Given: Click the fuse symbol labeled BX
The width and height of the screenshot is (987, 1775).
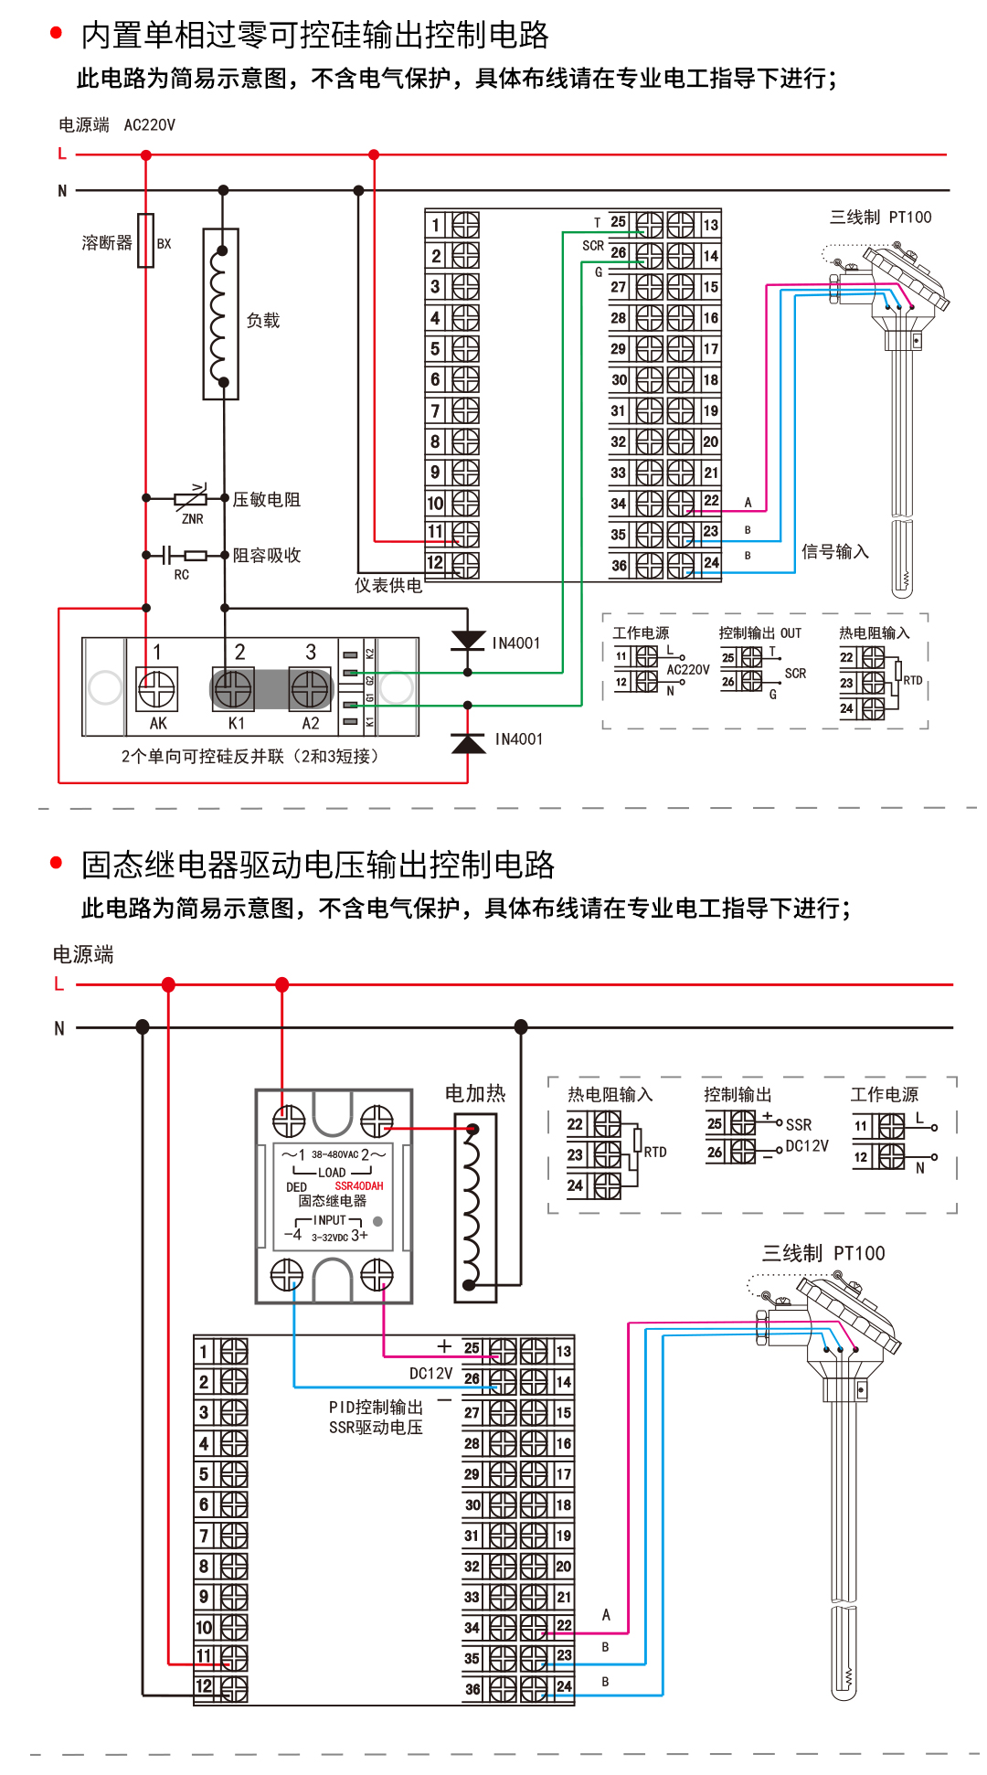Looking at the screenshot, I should point(145,240).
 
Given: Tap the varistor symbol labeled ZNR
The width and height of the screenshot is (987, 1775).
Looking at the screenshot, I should point(191,499).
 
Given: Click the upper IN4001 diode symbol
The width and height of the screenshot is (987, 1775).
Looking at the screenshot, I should point(468,641).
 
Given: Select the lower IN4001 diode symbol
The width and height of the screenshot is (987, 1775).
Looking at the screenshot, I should point(468,742).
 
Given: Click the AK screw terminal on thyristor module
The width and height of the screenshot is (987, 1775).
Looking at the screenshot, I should point(156,689).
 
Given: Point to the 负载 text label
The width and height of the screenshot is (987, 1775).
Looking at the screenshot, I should point(263,321).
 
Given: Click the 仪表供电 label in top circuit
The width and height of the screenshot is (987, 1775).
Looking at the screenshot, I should point(388,585).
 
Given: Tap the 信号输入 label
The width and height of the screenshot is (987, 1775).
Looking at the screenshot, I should point(834,551).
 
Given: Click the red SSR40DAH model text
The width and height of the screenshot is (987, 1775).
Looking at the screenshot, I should point(359,1185).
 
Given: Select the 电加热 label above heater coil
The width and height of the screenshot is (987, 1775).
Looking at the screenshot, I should point(474,1093).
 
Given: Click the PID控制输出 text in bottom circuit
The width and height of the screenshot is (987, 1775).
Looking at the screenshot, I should point(376,1407).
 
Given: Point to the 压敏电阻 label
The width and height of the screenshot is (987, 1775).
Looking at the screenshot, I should point(266,499).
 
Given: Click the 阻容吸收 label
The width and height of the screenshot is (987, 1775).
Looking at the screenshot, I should point(266,555).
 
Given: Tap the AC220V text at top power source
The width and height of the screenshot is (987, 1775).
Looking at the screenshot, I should point(149,125).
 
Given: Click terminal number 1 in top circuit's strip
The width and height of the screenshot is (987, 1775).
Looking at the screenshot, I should point(436,225).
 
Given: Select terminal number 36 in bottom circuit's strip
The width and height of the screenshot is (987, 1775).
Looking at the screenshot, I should point(472,1689).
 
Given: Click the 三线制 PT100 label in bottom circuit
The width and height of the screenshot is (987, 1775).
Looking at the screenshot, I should point(823,1253).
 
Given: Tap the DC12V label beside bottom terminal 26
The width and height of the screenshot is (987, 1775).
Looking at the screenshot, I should point(430,1373).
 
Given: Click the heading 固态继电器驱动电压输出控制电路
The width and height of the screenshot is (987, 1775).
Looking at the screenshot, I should point(318,865).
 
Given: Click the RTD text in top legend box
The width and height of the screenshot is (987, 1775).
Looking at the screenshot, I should point(912,680).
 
